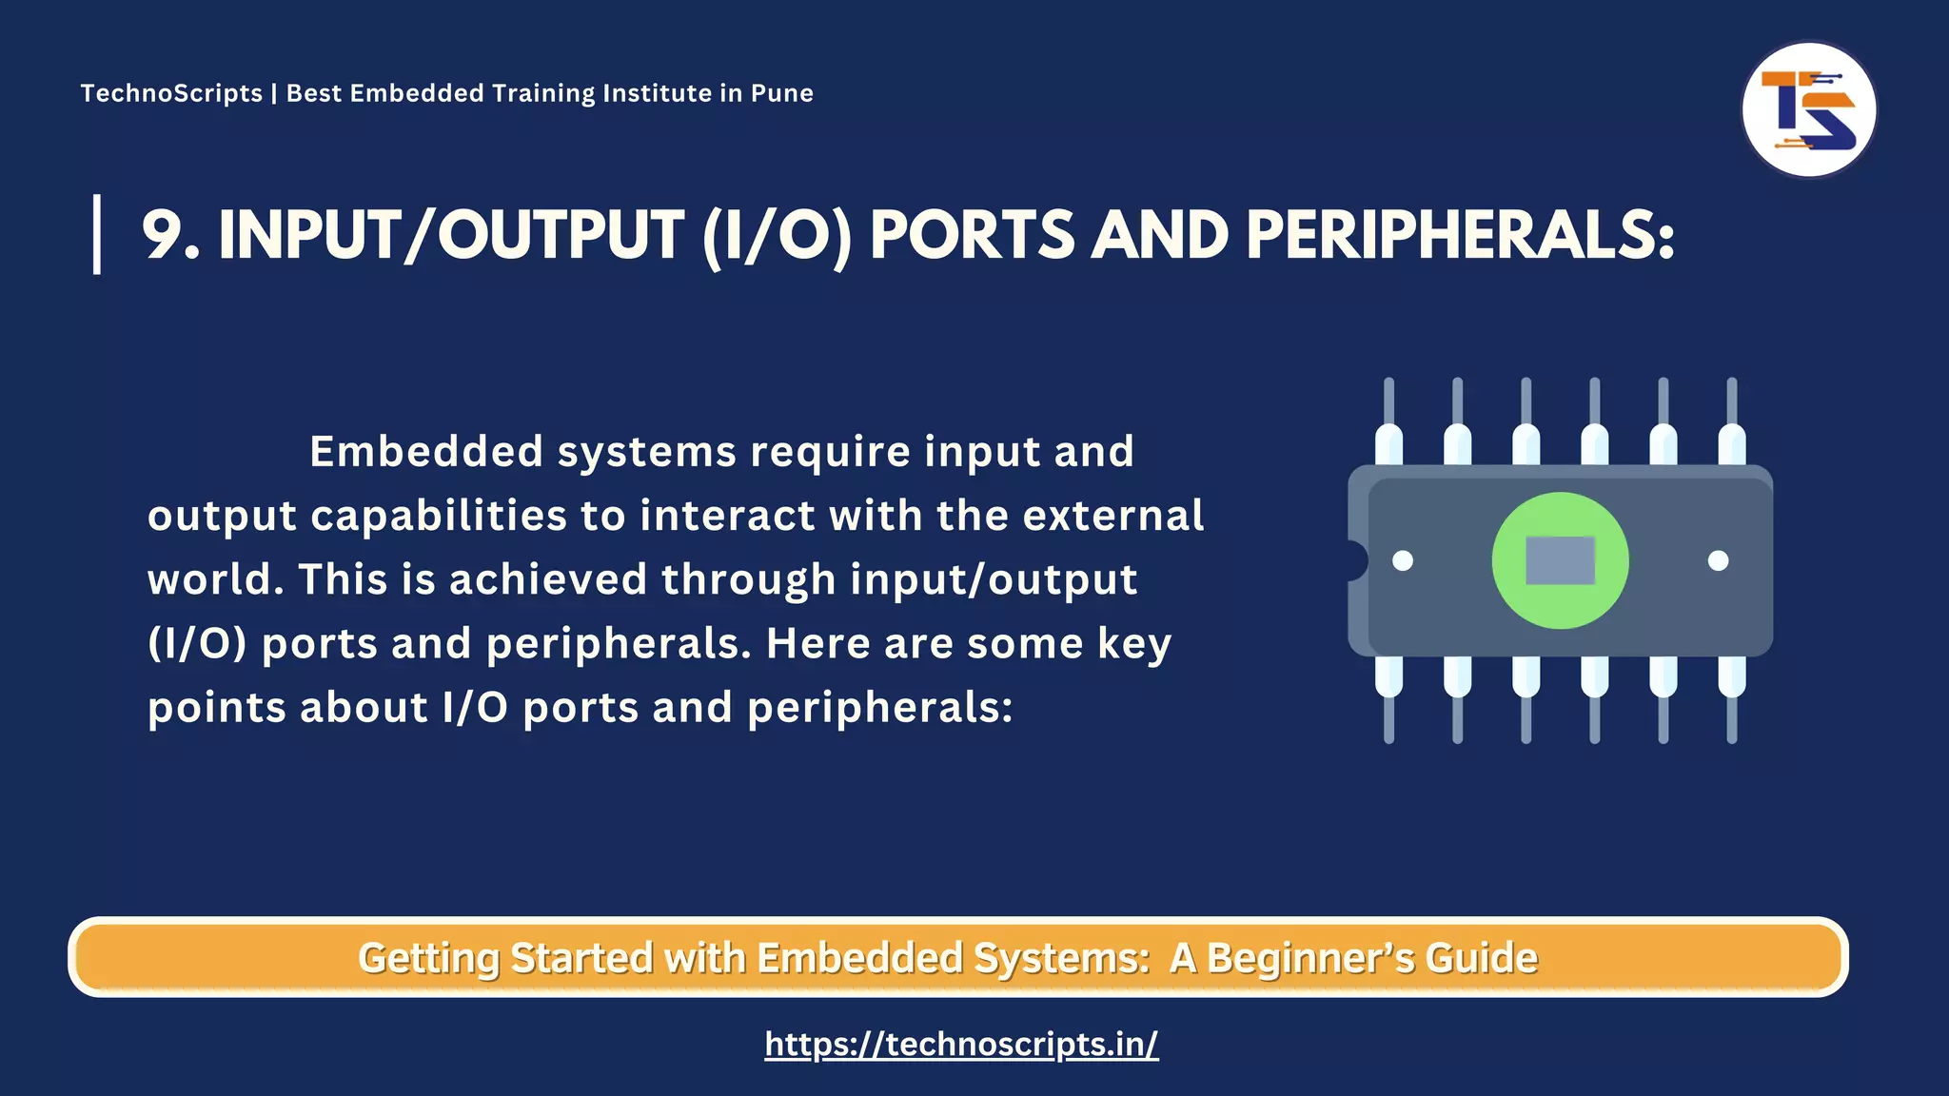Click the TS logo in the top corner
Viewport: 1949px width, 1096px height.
[x=1808, y=109]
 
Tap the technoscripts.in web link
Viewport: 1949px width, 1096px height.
[x=961, y=1045]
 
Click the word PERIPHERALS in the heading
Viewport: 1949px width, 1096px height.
[x=1459, y=235]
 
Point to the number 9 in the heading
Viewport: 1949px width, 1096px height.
[x=163, y=235]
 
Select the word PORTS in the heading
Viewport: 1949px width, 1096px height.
[x=972, y=235]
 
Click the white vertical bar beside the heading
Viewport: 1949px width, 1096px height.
[x=97, y=234]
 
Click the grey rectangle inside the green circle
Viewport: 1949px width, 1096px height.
[x=1560, y=560]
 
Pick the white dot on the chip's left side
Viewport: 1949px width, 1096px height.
[x=1403, y=560]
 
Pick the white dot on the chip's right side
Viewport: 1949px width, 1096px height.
[x=1718, y=560]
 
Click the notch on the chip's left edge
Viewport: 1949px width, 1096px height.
[x=1356, y=560]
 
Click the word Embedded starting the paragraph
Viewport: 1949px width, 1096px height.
[x=426, y=451]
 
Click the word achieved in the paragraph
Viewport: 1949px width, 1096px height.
[x=547, y=579]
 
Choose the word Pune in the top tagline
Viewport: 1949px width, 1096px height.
[x=781, y=93]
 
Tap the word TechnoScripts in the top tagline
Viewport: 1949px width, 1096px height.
[x=171, y=93]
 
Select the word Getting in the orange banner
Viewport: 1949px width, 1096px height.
[x=427, y=958]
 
